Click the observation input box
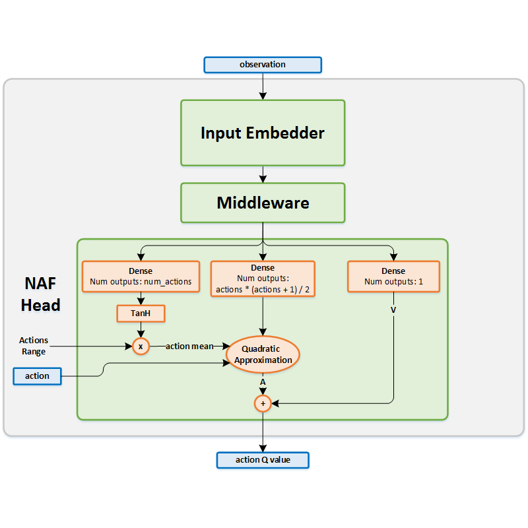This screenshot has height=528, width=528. pyautogui.click(x=263, y=65)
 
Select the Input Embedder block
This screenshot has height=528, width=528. pyautogui.click(x=263, y=133)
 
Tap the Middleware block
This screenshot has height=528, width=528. pyautogui.click(x=263, y=203)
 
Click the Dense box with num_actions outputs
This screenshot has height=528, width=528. pyautogui.click(x=141, y=277)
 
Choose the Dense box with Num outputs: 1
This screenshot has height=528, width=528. pyautogui.click(x=393, y=277)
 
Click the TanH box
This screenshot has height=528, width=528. pyautogui.click(x=141, y=313)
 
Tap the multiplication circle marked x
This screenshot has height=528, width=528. pyautogui.click(x=141, y=346)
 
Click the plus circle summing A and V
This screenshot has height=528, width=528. pyautogui.click(x=263, y=403)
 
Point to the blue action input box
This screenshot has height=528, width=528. pyautogui.click(x=38, y=376)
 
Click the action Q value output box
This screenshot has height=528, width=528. pyautogui.click(x=263, y=459)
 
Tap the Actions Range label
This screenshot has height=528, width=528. pyautogui.click(x=33, y=346)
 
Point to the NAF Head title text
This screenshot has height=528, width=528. pyautogui.click(x=41, y=294)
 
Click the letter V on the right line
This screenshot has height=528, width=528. pyautogui.click(x=393, y=309)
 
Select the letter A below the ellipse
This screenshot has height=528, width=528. pyautogui.click(x=263, y=381)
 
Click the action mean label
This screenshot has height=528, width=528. pyautogui.click(x=189, y=346)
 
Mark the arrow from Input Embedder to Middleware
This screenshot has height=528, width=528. pyautogui.click(x=263, y=174)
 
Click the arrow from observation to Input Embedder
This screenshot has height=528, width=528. pyautogui.click(x=263, y=86)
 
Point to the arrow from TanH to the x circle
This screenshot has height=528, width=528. pyautogui.click(x=141, y=330)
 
